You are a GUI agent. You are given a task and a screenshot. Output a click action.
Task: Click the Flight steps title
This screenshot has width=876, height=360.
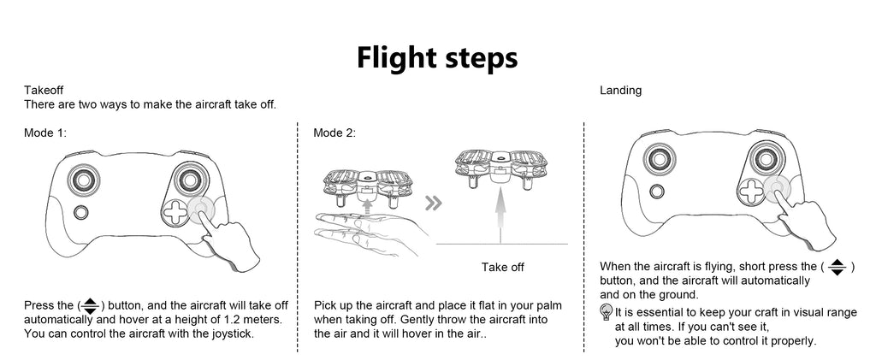pyautogui.click(x=437, y=57)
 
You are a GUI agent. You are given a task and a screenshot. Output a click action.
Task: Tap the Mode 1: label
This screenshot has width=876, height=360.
pyautogui.click(x=45, y=133)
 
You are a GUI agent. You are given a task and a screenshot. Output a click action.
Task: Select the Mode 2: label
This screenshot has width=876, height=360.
pyautogui.click(x=334, y=133)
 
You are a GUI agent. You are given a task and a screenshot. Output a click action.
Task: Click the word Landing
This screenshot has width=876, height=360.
pyautogui.click(x=620, y=90)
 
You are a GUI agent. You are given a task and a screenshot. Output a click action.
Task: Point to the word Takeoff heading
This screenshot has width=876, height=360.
pyautogui.click(x=44, y=90)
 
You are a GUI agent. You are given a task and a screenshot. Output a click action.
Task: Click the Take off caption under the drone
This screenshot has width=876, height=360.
pyautogui.click(x=502, y=268)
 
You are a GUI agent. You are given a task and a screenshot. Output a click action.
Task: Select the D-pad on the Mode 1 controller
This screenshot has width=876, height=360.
pyautogui.click(x=175, y=212)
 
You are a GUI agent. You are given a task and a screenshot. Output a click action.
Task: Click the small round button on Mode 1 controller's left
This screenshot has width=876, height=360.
pyautogui.click(x=81, y=211)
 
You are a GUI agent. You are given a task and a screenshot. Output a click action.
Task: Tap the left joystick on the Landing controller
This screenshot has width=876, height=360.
pyautogui.click(x=661, y=160)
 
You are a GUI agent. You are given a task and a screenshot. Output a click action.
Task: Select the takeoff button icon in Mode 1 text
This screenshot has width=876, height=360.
pyautogui.click(x=90, y=305)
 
